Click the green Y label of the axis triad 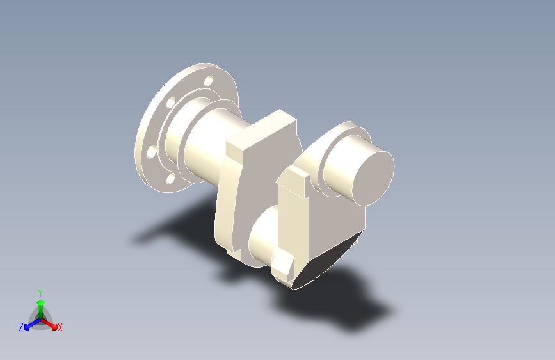pos(40,293)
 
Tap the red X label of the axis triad pos(60,327)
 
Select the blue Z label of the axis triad pos(21,327)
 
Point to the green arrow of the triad pos(41,309)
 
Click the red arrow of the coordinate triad pos(49,324)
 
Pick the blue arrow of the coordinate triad pos(32,324)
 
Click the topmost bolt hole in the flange pos(209,81)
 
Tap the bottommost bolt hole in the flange pos(171,178)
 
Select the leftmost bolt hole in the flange pos(152,151)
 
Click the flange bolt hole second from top pos(171,102)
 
